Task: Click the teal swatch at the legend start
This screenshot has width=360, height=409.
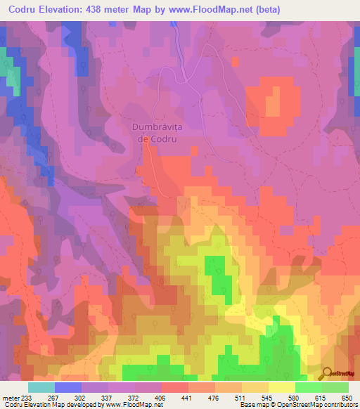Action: pyautogui.click(x=41, y=387)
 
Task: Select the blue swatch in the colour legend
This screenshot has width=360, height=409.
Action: pyautogui.click(x=67, y=387)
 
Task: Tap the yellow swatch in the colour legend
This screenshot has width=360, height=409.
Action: pyautogui.click(x=281, y=387)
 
